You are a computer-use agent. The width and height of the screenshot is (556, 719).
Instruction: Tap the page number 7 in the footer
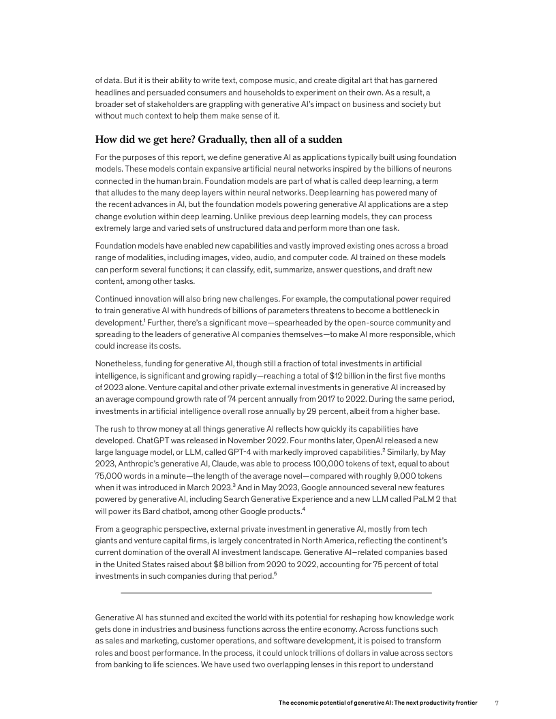tap(497, 702)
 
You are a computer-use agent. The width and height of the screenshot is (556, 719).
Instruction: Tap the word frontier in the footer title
tap(463, 702)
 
